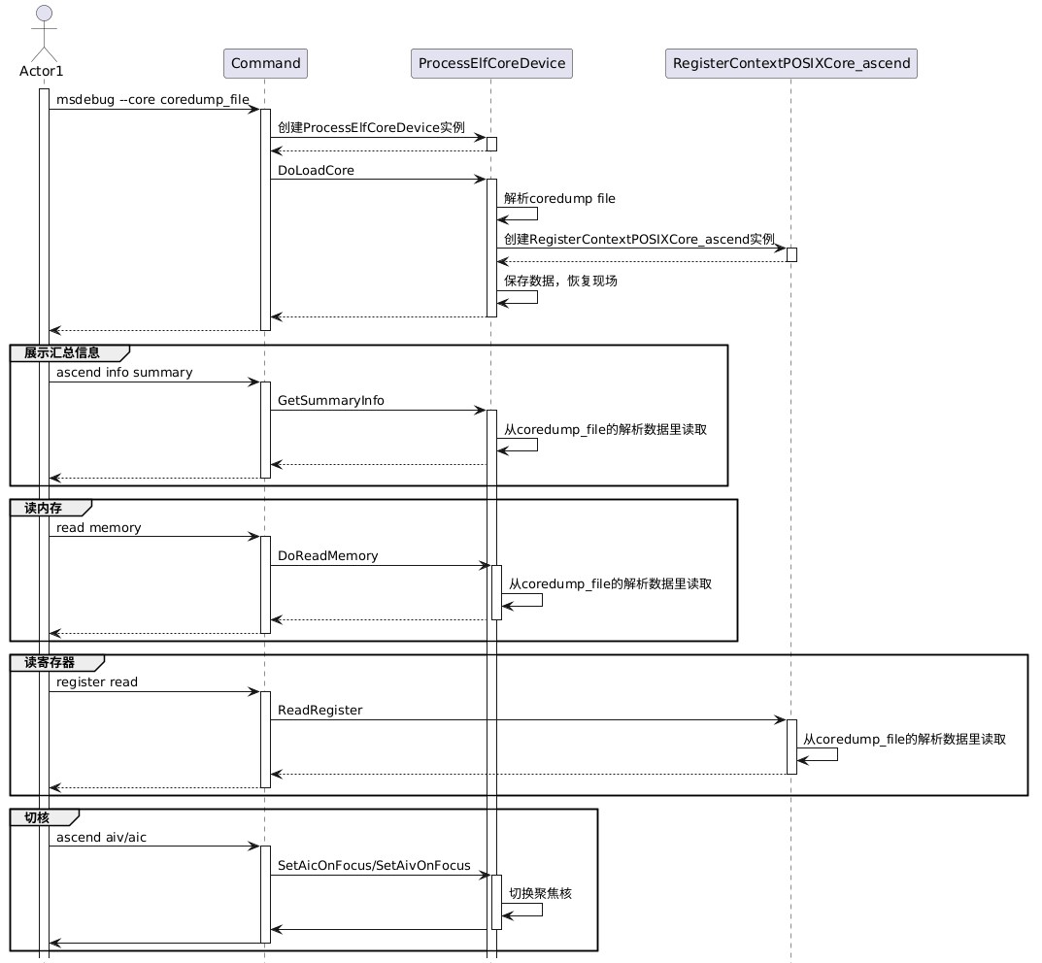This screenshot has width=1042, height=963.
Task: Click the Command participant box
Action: pos(265,63)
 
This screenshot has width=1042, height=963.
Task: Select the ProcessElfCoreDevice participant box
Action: pos(491,63)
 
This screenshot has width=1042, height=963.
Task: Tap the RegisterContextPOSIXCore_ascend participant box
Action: pos(790,63)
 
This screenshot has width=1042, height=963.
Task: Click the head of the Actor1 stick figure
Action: pos(44,14)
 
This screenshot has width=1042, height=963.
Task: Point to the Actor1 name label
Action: pos(41,71)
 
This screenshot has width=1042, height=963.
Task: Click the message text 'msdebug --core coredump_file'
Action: pos(152,100)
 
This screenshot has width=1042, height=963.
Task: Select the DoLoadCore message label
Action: pos(316,170)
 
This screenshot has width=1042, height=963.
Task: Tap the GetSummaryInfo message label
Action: pos(331,401)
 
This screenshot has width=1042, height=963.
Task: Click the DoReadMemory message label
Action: pos(327,556)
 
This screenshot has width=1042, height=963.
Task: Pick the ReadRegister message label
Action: pos(319,710)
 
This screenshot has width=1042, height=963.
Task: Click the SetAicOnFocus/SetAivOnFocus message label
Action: pos(374,865)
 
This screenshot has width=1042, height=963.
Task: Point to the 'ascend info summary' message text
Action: pos(124,373)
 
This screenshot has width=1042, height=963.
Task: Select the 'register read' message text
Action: pos(97,682)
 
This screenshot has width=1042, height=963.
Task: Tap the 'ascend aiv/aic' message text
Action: pos(101,838)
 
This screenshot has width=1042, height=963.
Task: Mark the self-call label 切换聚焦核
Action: pos(540,893)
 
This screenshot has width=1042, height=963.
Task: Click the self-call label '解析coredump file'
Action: pos(559,199)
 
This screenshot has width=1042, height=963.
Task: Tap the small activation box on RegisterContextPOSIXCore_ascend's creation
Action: pos(791,255)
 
